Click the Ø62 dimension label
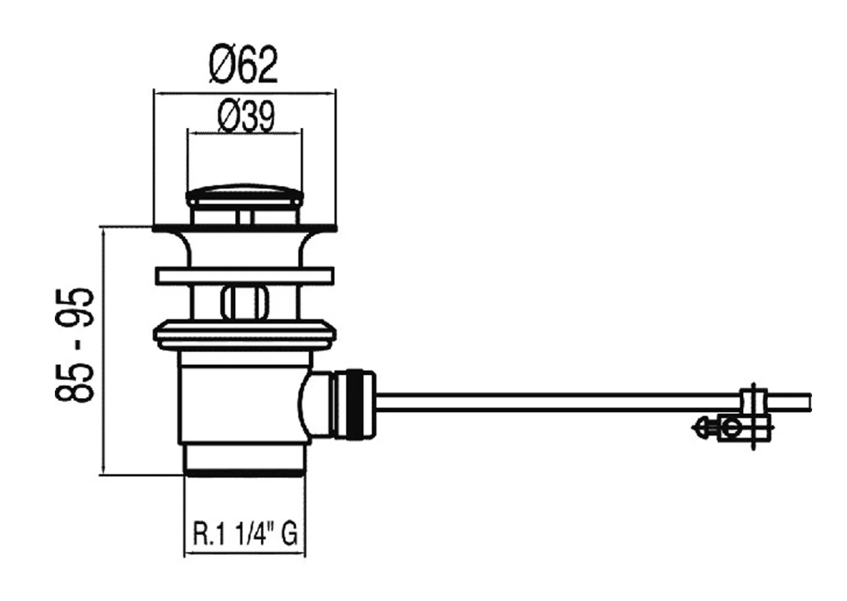coord(244,65)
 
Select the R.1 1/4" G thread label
coord(244,532)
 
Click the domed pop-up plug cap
coord(244,197)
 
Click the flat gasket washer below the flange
coord(244,276)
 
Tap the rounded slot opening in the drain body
coord(244,301)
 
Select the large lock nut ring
coord(244,334)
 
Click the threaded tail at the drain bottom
coord(244,459)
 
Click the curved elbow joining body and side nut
coord(317,403)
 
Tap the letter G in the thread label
coord(288,532)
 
